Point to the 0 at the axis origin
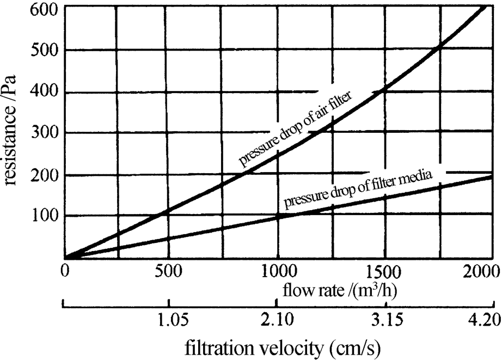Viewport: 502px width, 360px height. click(x=64, y=271)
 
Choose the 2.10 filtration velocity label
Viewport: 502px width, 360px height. click(x=277, y=321)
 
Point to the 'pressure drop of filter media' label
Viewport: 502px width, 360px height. click(x=358, y=190)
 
